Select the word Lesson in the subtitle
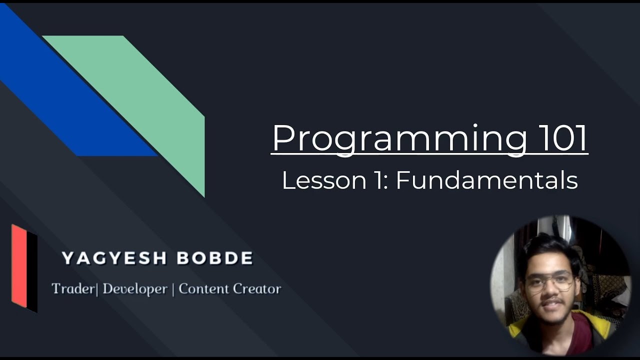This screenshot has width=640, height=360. pos(323,180)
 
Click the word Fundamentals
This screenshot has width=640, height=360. pos(486,180)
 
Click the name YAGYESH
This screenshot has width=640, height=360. pos(107,258)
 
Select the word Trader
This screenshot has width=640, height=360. pos(73,289)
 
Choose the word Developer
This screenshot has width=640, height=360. pos(134,289)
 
